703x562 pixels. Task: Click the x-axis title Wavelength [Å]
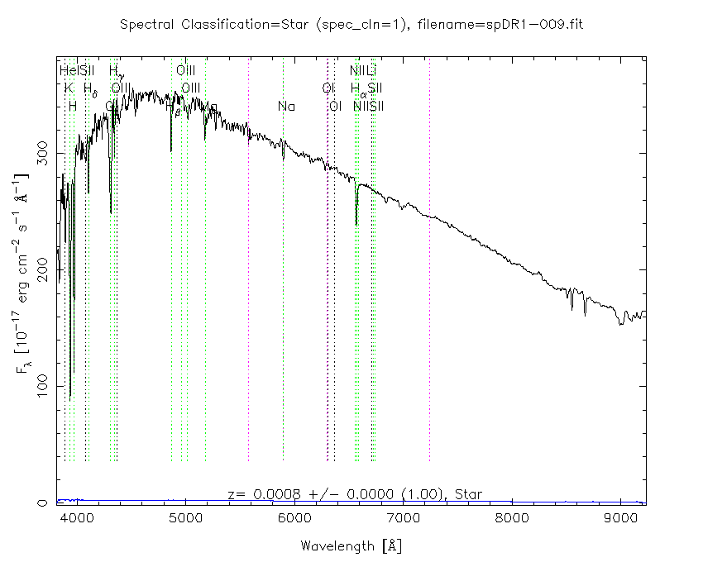[351, 546]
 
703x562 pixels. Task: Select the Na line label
[286, 107]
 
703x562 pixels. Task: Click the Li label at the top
[371, 70]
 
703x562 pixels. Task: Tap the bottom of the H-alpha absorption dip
[356, 224]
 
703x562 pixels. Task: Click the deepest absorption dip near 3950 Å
[70, 397]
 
